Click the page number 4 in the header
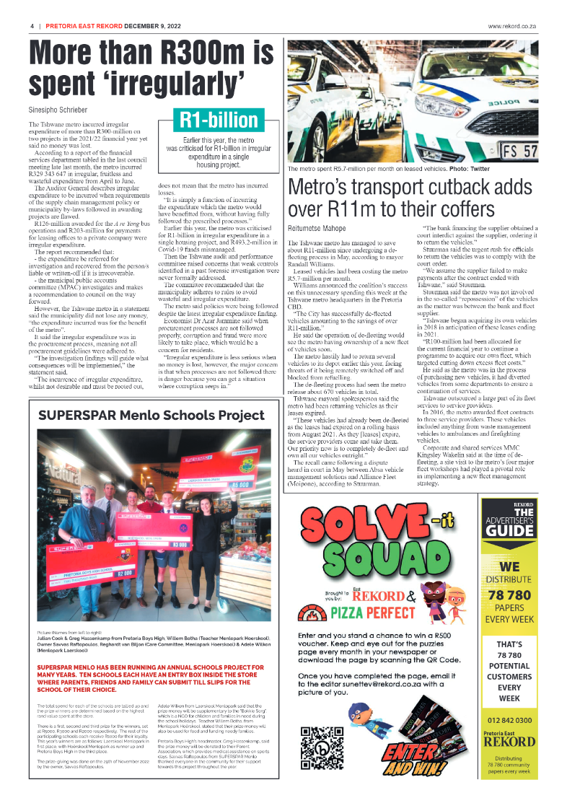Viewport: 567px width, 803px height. point(32,26)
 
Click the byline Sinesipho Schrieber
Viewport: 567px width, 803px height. point(58,110)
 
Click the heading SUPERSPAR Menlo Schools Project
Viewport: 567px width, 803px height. point(151,416)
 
